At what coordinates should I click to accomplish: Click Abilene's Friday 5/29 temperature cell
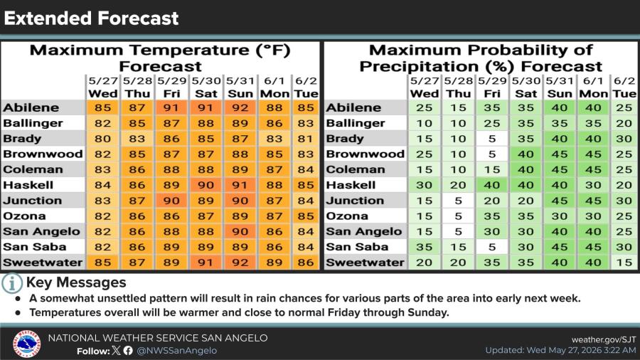pos(171,107)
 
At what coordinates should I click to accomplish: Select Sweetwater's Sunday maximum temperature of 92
pos(240,263)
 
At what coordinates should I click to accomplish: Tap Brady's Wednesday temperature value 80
pos(102,139)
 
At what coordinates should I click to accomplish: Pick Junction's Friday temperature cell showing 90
pos(171,201)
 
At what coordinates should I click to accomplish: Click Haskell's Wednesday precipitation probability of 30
pos(424,185)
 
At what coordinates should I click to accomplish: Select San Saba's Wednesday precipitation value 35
pos(424,247)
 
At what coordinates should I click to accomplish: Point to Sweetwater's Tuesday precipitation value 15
pos(624,263)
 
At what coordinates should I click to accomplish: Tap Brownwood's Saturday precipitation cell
pos(526,154)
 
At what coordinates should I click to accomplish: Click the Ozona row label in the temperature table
pos(24,216)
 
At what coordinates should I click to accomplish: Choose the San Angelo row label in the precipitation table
pos(363,231)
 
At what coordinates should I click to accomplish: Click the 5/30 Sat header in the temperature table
pos(206,88)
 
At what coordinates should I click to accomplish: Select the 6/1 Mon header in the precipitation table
pos(593,88)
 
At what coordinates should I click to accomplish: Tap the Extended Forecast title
pos(92,18)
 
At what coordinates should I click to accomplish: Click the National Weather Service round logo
pos(26,344)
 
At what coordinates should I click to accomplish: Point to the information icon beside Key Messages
pos(12,283)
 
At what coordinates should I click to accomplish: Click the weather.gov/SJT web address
pos(604,339)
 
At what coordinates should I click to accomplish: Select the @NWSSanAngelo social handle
pos(177,351)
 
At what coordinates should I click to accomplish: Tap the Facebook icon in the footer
pos(128,351)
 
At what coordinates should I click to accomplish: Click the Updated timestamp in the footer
pos(560,350)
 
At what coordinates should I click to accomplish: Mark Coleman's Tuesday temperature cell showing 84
pos(306,170)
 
